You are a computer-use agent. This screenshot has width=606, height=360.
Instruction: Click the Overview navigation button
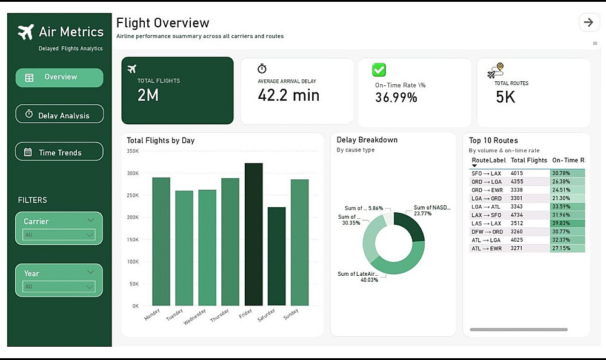59,78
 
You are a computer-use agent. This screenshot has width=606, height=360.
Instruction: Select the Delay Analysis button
59,115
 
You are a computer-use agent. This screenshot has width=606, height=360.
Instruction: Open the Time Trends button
59,152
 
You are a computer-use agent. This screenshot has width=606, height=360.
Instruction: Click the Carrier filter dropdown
59,235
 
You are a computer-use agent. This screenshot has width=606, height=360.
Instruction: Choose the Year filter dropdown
59,287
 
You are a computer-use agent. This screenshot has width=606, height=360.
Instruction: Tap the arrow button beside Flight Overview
588,22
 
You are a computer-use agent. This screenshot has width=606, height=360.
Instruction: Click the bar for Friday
253,234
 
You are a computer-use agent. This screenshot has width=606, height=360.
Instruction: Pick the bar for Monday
161,241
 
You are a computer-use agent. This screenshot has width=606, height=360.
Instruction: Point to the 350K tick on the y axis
133,151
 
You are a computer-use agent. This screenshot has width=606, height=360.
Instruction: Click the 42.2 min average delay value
288,95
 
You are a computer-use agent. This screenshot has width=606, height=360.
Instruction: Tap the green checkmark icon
379,70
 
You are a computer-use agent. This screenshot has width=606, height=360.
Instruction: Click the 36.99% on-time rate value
396,98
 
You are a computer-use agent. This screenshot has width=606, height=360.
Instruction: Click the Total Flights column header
528,161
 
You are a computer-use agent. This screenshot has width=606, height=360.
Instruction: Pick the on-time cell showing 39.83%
568,223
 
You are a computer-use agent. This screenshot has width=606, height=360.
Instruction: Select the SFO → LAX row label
486,173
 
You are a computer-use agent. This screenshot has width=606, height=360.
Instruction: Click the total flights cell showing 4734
517,215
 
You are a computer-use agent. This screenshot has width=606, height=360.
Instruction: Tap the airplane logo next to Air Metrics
25,32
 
